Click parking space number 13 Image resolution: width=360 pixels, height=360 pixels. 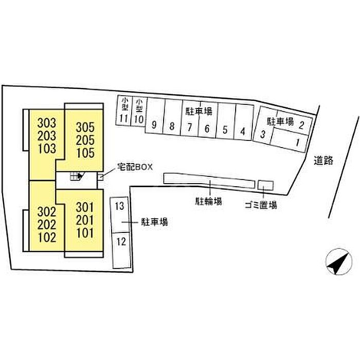[120, 207]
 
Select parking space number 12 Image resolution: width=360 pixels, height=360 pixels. [121, 241]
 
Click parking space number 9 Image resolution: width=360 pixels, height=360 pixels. [154, 125]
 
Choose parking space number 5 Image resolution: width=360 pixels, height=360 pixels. [225, 129]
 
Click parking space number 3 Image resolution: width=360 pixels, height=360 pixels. [263, 135]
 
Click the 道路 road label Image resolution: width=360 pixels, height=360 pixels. [324, 160]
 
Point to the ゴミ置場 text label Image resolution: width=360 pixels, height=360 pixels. [261, 205]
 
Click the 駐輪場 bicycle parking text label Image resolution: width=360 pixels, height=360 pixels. [208, 201]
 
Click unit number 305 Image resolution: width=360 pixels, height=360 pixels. [85, 127]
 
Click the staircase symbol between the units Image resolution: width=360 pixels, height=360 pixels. [76, 176]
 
